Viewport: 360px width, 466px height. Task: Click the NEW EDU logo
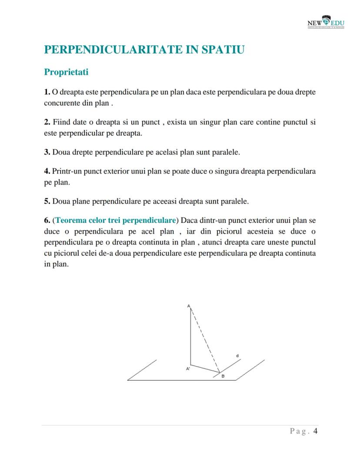point(326,23)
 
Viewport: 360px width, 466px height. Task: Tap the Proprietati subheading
point(66,72)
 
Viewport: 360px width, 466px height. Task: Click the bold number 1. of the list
point(47,92)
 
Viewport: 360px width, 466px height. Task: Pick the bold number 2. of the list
point(47,122)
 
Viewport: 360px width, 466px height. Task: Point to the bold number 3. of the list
point(47,153)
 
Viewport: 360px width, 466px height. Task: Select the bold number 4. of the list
point(47,171)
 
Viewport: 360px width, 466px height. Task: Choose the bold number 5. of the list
point(47,201)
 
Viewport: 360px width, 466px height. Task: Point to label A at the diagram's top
point(189,306)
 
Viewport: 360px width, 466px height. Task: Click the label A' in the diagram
point(188,369)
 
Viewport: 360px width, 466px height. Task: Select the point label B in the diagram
point(223,376)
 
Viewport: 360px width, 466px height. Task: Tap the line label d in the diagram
point(237,356)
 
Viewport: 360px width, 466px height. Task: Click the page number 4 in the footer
point(316,432)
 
